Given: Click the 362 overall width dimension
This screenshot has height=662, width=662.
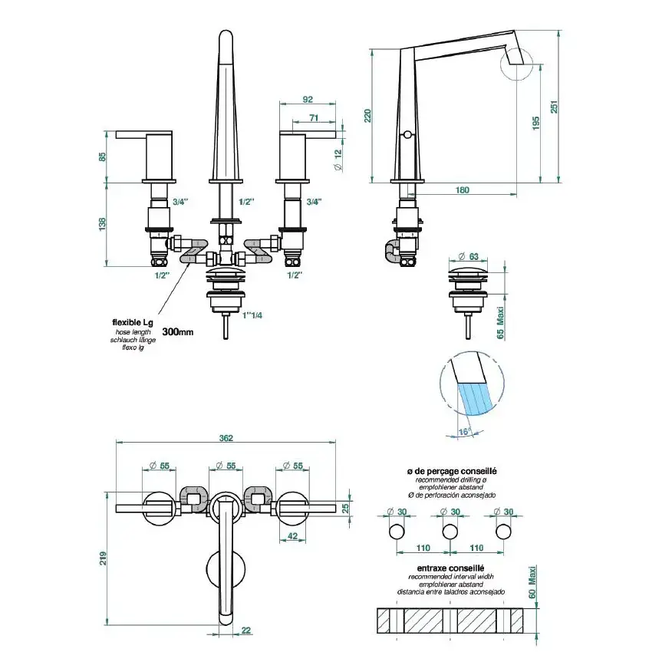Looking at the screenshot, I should click(226, 438).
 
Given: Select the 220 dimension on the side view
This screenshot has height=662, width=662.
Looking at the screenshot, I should click(367, 116).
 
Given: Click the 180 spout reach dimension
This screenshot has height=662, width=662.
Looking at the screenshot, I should click(463, 190).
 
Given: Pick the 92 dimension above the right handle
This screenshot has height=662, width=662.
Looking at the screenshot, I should click(308, 100).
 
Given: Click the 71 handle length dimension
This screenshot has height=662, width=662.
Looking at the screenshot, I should click(314, 117).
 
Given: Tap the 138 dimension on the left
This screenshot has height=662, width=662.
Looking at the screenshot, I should click(103, 222).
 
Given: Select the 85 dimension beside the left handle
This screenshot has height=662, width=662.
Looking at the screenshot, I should click(103, 156).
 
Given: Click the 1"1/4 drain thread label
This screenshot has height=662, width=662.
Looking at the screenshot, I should click(252, 315).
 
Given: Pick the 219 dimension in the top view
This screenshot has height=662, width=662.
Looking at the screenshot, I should click(103, 560).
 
